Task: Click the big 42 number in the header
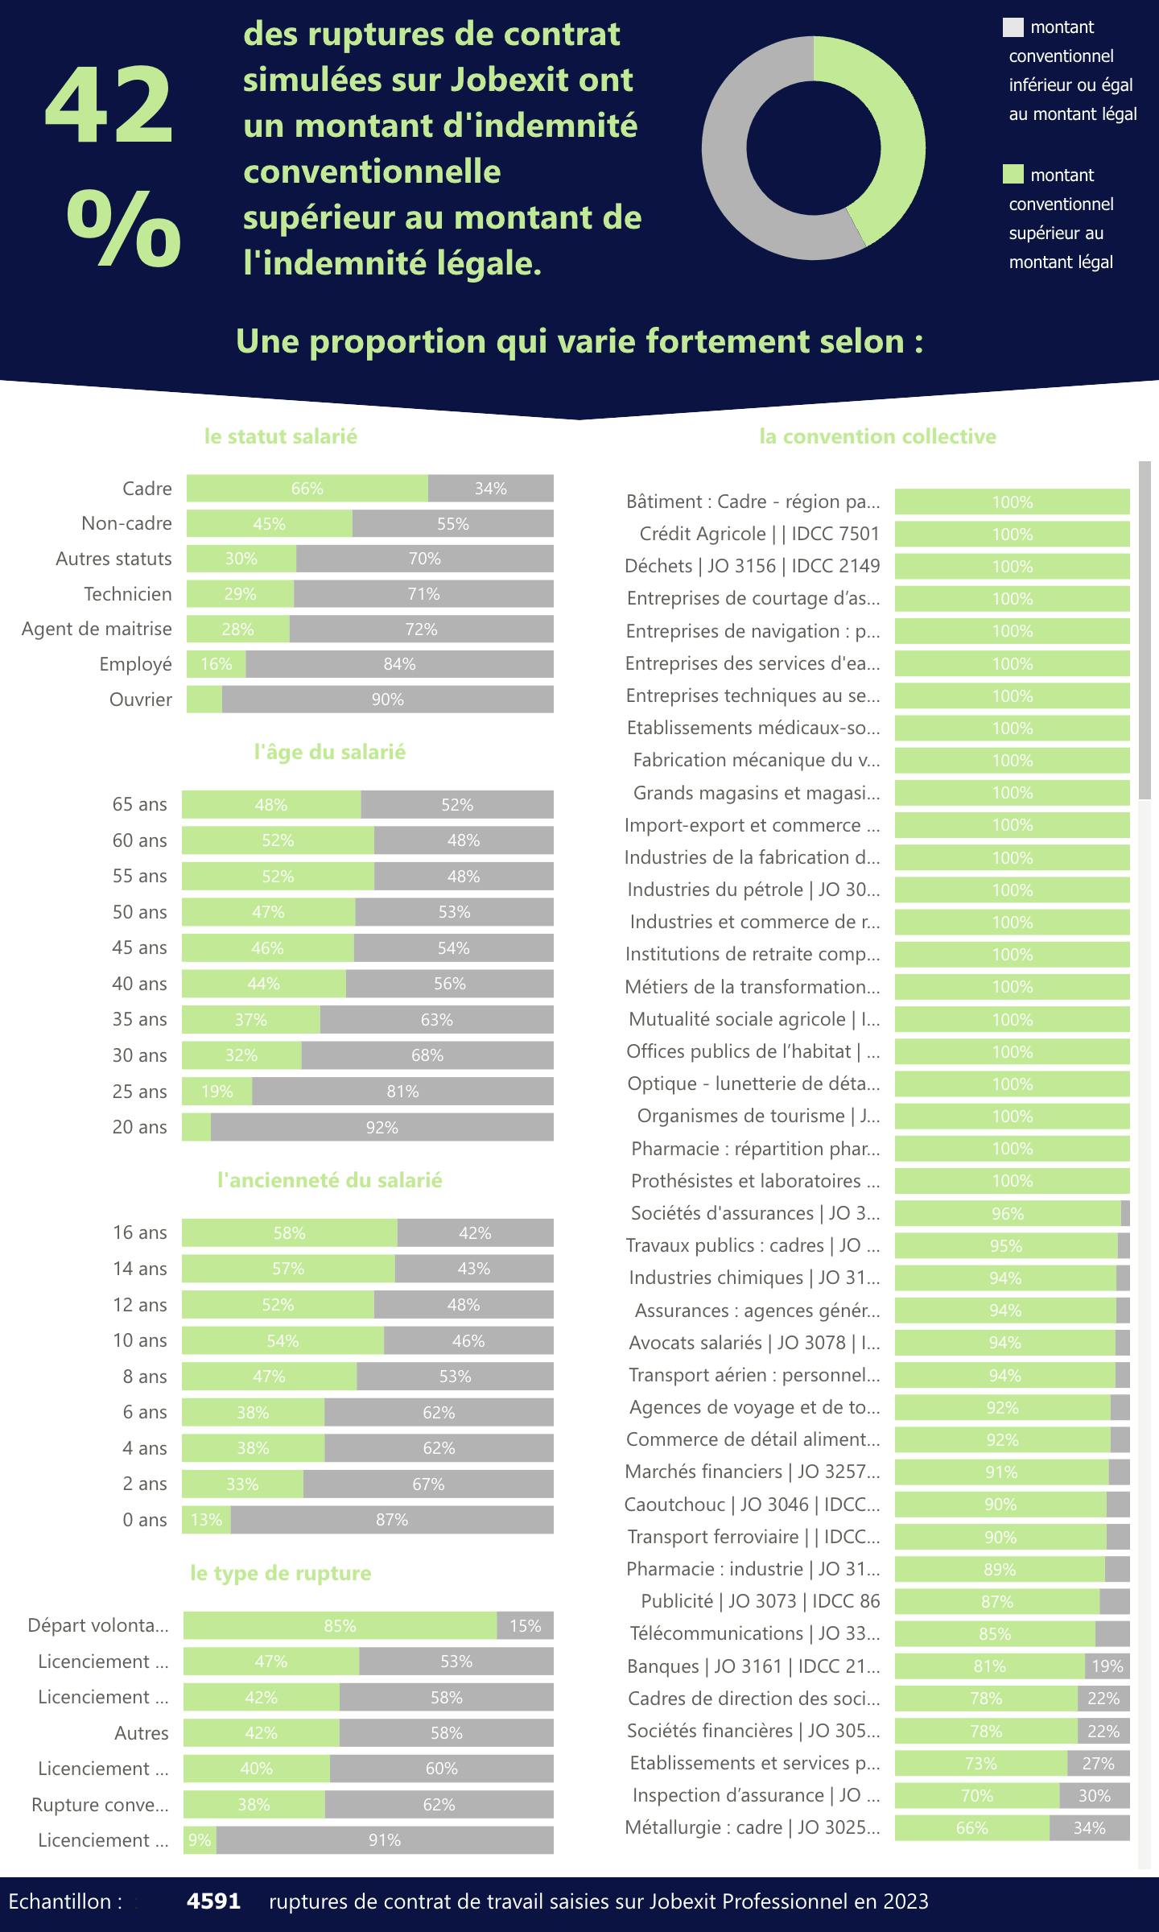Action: (x=109, y=107)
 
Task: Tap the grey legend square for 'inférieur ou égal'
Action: (x=1013, y=27)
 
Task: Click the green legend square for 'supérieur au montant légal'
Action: (x=1013, y=175)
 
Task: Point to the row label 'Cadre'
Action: (x=147, y=489)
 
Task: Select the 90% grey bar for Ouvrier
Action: (x=387, y=700)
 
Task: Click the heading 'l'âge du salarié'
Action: (x=330, y=752)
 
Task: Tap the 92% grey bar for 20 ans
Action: (x=382, y=1127)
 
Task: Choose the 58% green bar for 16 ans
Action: (x=289, y=1233)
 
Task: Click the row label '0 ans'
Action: (x=145, y=1520)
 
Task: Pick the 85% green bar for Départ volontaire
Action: (x=340, y=1626)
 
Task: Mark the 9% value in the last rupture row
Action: (x=200, y=1840)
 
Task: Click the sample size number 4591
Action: (x=213, y=1901)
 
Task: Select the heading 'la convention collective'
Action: (x=877, y=436)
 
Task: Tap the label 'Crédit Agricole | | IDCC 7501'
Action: (x=759, y=534)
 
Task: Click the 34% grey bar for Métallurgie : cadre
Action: (x=1089, y=1828)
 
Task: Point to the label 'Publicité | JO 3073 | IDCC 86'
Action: (x=760, y=1601)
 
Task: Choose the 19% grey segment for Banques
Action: (x=1107, y=1666)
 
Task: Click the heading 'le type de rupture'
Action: (x=281, y=1573)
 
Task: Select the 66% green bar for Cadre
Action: (x=307, y=489)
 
